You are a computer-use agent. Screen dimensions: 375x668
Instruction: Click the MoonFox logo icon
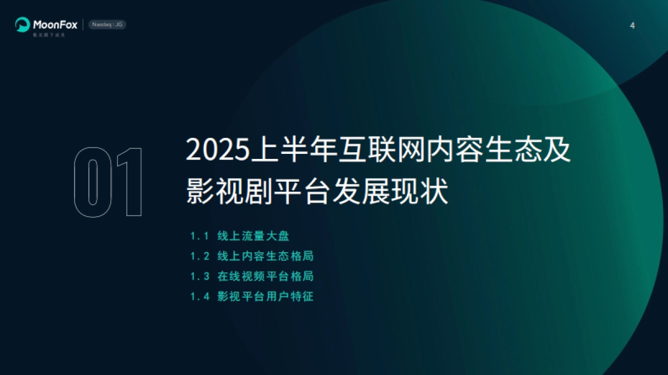coord(22,24)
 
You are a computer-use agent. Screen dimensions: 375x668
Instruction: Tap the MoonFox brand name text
coord(55,24)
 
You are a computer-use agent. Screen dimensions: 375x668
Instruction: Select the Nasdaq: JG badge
coord(107,24)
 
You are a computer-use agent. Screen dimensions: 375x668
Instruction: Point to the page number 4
coord(632,26)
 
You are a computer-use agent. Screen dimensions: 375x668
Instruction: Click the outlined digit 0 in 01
coord(92,182)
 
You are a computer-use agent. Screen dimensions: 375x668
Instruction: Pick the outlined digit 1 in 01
coord(129,182)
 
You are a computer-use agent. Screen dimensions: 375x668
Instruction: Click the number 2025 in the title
coord(218,151)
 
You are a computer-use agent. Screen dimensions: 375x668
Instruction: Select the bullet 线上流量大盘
coord(253,236)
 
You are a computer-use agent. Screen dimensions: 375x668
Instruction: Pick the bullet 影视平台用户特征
coord(266,296)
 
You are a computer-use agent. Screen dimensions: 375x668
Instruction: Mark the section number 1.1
coord(199,236)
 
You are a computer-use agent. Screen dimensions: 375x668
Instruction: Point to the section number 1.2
coord(199,256)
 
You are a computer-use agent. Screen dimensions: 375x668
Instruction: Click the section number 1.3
coord(199,276)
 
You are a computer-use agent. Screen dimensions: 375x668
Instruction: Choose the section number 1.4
coord(199,296)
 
